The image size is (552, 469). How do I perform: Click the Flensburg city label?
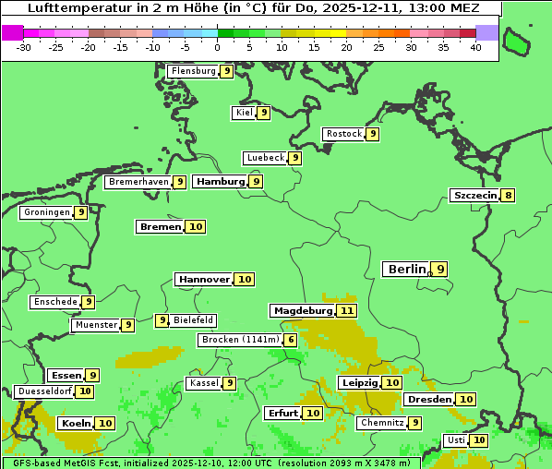(193, 71)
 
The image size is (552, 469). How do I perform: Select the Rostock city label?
(344, 134)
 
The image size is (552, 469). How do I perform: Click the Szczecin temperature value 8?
(509, 195)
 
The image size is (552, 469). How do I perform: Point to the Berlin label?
(406, 270)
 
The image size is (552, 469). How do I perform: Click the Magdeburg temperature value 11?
(347, 310)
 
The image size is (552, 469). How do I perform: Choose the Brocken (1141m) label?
(239, 340)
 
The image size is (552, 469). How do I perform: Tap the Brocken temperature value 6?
(292, 340)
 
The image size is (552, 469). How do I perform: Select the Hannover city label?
(204, 279)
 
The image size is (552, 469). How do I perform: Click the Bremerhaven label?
(138, 182)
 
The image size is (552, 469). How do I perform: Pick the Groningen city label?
(47, 212)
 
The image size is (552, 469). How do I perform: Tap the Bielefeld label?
(194, 320)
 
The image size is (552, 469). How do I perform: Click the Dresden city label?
(429, 399)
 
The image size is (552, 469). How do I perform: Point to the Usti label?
(456, 440)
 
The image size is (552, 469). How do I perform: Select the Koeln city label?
(77, 423)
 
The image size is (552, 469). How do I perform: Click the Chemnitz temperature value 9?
(416, 423)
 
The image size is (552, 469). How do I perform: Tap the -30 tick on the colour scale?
(24, 47)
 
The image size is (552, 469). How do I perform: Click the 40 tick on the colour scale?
(475, 47)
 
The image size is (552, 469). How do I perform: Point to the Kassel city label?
(203, 383)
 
